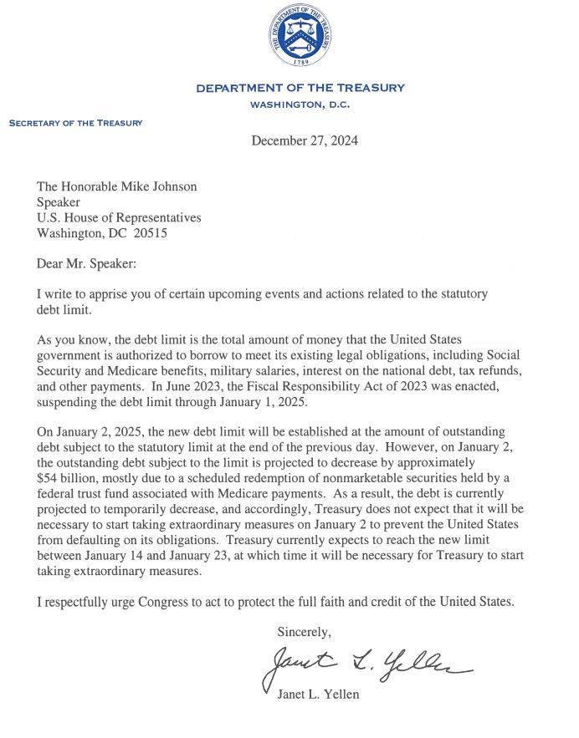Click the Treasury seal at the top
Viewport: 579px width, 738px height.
300,36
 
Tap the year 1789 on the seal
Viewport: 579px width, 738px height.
300,61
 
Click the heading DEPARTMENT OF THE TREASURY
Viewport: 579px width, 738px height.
300,88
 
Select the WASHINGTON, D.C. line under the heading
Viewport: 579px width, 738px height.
300,104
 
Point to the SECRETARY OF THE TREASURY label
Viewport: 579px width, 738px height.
75,123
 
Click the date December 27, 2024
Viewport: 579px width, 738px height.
305,140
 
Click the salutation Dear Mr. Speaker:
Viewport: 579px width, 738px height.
86,264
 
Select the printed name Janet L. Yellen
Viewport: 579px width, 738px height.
317,694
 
